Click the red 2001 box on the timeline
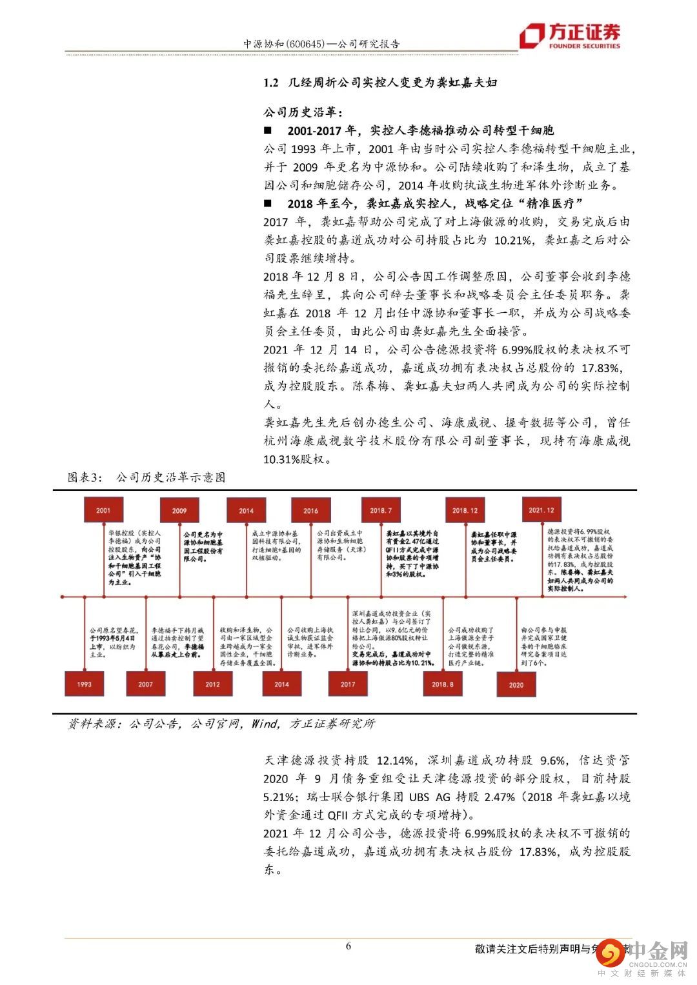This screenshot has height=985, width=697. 103,510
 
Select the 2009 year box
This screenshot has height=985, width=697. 179,510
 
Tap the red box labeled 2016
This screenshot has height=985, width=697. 310,510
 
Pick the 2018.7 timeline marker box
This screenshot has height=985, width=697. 381,510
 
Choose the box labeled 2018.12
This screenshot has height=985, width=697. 465,510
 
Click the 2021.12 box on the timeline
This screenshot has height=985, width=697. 541,510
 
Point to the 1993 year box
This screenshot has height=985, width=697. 84,684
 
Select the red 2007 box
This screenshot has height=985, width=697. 146,684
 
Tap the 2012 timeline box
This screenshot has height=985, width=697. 212,684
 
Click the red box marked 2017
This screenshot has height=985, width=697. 348,684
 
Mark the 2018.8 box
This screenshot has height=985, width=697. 443,684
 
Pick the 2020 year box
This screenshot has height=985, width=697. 516,684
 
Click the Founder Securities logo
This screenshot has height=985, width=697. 570,35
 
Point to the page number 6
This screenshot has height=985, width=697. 348,946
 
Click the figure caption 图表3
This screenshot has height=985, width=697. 85,477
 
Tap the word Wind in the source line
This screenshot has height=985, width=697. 265,723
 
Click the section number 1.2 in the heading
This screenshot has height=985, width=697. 270,83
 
